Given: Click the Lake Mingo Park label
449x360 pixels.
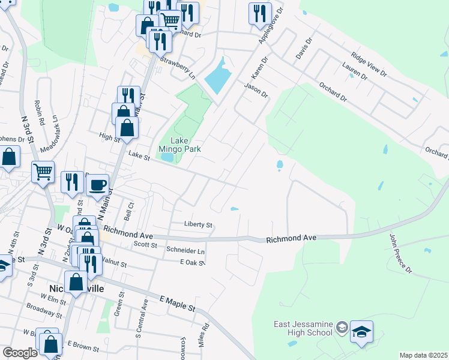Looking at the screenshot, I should (179, 144).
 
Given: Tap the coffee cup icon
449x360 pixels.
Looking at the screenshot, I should (97, 184).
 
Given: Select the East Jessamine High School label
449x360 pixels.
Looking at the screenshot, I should (303, 329).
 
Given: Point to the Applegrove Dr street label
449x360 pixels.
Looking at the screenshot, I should (270, 24).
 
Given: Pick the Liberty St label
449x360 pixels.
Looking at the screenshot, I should (198, 225).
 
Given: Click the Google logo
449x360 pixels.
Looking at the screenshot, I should (20, 353).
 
